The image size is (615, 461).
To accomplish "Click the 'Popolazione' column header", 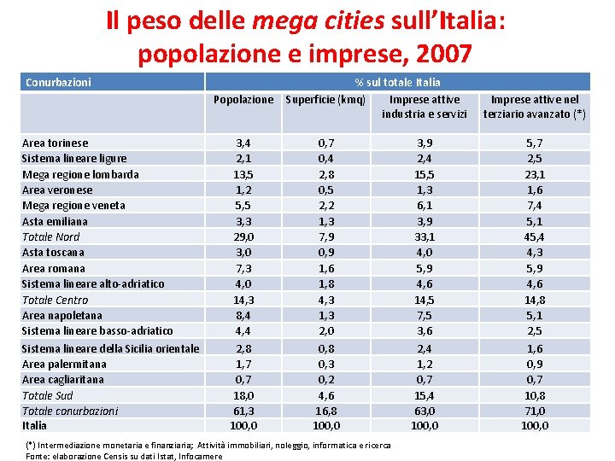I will pos(243,100).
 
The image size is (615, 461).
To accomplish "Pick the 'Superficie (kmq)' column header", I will pos(325,100).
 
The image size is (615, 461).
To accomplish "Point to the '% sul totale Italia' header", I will pos(398,83).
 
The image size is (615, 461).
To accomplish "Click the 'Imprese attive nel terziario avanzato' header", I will pos(535,107).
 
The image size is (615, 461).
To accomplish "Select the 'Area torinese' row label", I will pos(55,143).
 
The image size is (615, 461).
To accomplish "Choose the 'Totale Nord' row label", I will pos(50,236).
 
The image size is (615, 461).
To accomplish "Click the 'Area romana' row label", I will pos(53,268).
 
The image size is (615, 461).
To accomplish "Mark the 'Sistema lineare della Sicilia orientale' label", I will pos(110,348).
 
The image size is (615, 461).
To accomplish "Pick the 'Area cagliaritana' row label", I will pos(62,379).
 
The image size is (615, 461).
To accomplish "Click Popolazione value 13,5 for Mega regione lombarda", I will pos(243,174).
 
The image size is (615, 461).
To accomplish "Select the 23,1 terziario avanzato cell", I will pos(535,174).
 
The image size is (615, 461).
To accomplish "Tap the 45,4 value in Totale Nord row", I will pos(535,236).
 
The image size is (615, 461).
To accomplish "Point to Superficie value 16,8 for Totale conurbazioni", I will pos(325,411).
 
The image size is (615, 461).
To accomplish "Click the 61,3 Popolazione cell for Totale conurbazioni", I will pos(243,411).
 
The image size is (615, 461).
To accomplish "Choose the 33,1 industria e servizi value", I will pos(424,236).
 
